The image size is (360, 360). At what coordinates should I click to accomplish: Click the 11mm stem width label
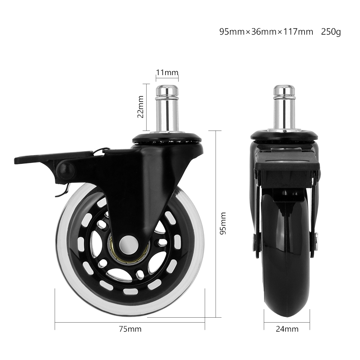(x=167, y=72)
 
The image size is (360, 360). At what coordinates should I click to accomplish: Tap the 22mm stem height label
(x=141, y=107)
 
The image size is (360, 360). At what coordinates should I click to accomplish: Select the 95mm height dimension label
(x=224, y=224)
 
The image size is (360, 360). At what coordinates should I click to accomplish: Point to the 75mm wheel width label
(x=130, y=329)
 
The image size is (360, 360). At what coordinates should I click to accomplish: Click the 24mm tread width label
(x=287, y=329)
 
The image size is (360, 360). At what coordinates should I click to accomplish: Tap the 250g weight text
(x=331, y=32)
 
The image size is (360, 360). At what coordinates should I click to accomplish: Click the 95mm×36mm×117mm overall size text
(x=266, y=32)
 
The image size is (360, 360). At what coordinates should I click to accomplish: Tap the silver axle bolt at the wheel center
(x=130, y=246)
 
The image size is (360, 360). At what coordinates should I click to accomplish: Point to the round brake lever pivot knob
(x=66, y=170)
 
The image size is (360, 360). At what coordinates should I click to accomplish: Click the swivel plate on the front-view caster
(x=284, y=135)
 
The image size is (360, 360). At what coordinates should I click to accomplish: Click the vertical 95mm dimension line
(x=216, y=224)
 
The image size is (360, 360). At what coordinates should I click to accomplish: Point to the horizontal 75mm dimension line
(x=130, y=322)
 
